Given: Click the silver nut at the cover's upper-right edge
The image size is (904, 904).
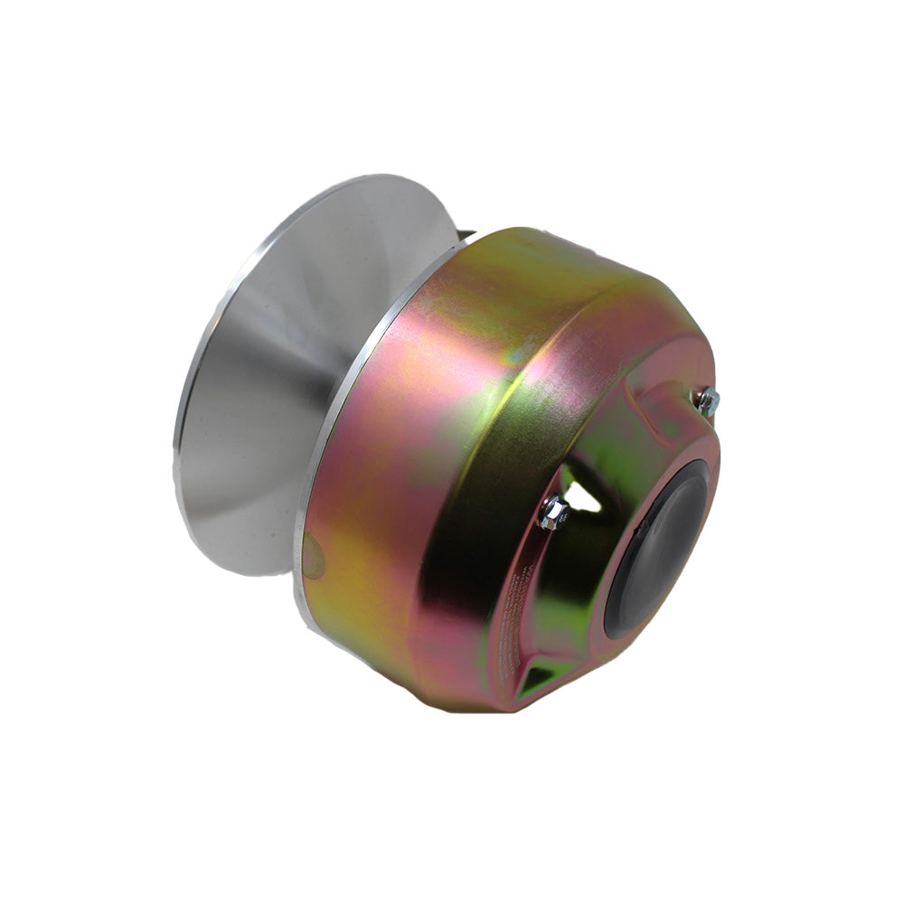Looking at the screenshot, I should pos(707,400).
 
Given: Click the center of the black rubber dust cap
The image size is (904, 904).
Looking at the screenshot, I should pos(658,551).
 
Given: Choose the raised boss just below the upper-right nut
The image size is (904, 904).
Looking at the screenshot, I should pos(678,425).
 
